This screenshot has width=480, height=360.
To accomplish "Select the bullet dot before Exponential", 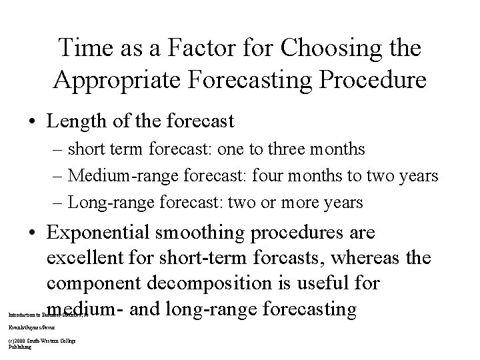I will point(31,234).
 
